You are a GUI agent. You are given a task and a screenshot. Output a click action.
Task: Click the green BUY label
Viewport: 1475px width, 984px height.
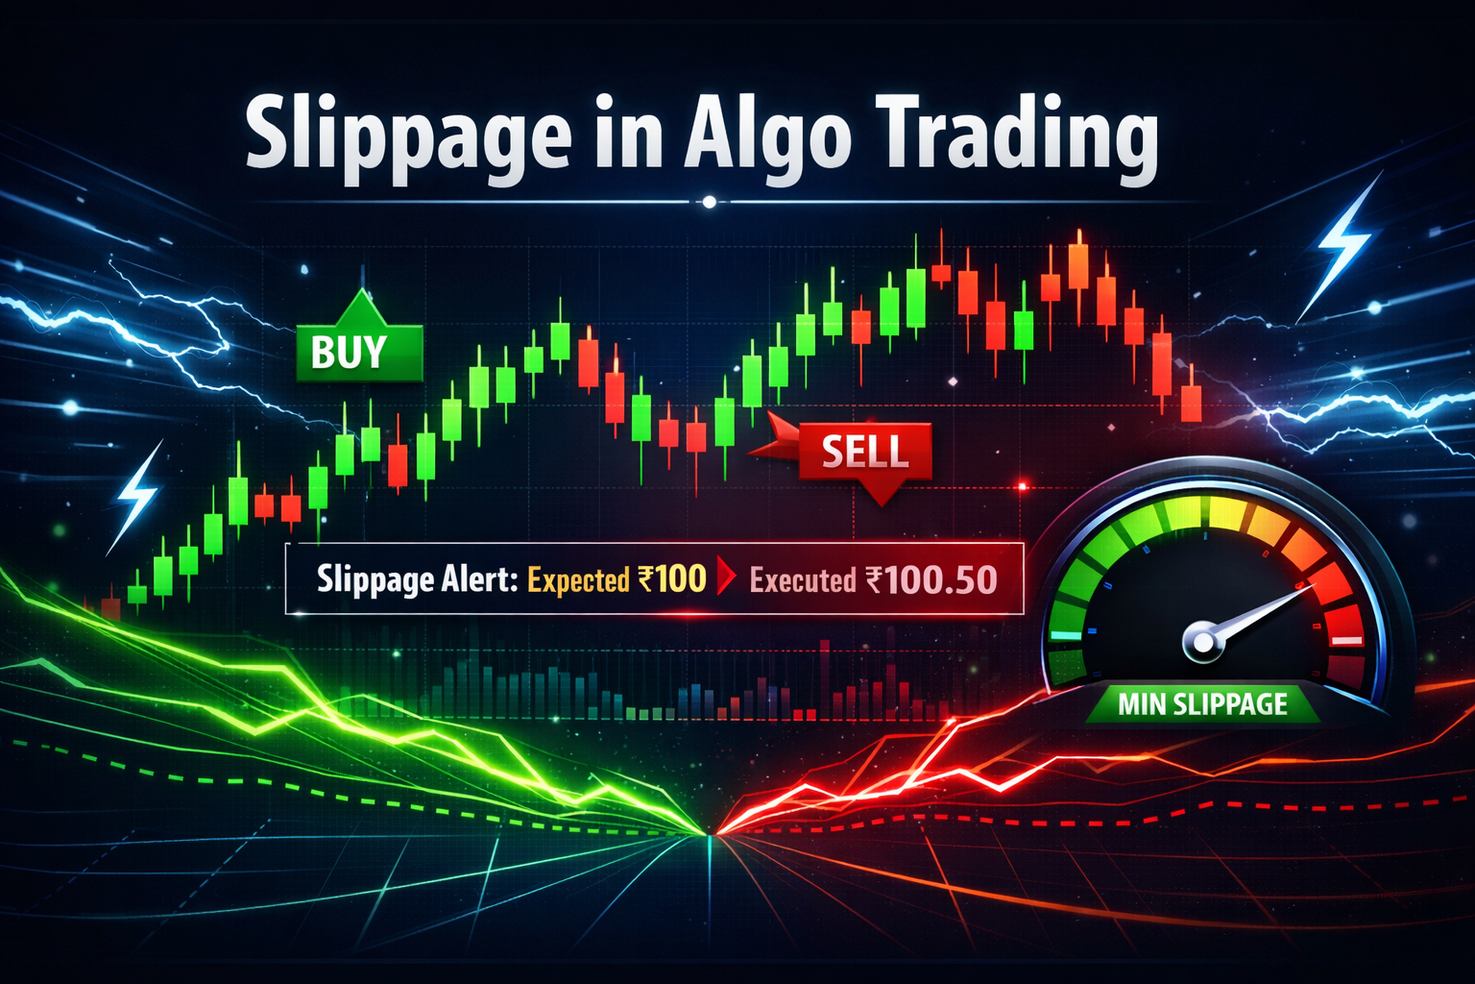point(350,353)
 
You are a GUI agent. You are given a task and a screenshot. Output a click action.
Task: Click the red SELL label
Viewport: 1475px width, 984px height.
point(864,451)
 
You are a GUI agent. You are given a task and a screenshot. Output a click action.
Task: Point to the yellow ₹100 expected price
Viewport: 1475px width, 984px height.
point(671,578)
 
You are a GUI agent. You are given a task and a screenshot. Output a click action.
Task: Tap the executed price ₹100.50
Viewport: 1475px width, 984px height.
point(931,579)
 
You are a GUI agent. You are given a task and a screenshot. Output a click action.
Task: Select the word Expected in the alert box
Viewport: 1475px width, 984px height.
point(579,579)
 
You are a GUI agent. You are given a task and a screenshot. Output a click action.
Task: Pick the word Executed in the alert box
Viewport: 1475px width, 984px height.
point(802,579)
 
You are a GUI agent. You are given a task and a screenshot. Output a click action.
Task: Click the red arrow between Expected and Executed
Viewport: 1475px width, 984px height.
point(727,578)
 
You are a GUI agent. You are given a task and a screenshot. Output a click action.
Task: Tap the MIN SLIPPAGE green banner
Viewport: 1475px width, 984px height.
point(1202,704)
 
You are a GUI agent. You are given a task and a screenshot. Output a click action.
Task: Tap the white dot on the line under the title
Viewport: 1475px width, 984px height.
point(710,202)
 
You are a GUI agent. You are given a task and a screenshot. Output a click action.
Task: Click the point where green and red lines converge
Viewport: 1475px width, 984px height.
point(712,834)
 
